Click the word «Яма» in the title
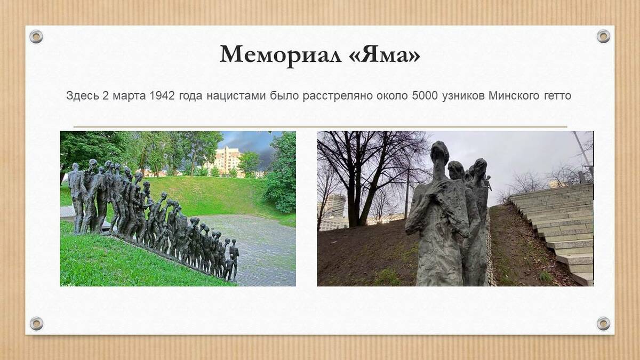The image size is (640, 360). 385,54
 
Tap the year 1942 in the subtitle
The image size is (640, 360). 162,95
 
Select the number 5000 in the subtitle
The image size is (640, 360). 425,95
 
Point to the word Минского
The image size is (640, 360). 514,95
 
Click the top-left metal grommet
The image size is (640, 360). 36,37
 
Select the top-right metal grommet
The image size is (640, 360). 603,36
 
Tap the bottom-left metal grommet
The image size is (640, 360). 37,323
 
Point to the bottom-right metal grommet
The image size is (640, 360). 603,323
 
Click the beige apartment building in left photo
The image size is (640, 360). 227,161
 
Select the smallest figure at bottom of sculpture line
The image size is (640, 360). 229,269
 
